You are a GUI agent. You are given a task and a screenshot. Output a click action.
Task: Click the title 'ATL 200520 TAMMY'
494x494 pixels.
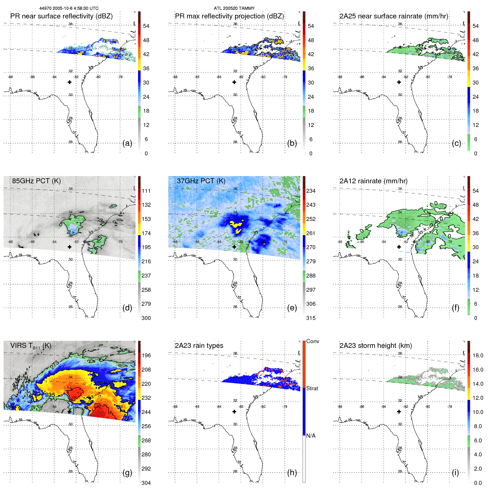pos(234,8)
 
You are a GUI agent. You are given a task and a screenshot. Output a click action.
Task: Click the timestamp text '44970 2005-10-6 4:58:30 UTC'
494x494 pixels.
pos(69,8)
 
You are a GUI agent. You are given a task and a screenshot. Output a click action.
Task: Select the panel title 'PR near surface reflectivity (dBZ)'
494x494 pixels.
pos(61,16)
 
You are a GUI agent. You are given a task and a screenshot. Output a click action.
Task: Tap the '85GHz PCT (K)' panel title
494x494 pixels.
pos(36,181)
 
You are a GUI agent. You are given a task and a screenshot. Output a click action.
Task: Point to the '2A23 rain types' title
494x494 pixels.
pos(199,346)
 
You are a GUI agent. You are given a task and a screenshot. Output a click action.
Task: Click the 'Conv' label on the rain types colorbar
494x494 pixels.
pos(312,341)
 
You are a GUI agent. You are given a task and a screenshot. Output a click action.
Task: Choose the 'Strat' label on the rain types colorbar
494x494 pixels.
pos(312,388)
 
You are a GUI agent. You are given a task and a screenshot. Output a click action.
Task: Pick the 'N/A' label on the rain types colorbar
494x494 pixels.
pos(311,436)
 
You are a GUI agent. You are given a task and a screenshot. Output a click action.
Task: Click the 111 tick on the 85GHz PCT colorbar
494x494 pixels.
pos(146,191)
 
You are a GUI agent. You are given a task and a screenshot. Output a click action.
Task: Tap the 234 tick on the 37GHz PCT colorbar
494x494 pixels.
pos(311,191)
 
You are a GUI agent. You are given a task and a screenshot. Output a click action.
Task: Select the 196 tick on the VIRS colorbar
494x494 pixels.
pos(146,355)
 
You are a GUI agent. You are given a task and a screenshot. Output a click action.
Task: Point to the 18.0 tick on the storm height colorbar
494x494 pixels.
pos(478,355)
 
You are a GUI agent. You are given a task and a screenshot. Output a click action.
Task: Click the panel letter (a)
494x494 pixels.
pos(127,143)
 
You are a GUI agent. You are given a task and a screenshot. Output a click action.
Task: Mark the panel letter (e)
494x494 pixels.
pos(292,308)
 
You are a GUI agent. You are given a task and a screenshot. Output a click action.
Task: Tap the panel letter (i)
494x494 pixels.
pos(455,473)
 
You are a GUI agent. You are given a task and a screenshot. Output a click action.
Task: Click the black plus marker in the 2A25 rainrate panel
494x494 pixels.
pos(399,82)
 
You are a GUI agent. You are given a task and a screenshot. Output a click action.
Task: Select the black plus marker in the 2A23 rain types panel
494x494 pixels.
pos(234,412)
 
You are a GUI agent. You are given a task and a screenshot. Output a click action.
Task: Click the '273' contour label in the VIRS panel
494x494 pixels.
pos(55,365)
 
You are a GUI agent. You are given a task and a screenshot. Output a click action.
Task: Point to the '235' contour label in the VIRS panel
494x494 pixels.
pos(50,395)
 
